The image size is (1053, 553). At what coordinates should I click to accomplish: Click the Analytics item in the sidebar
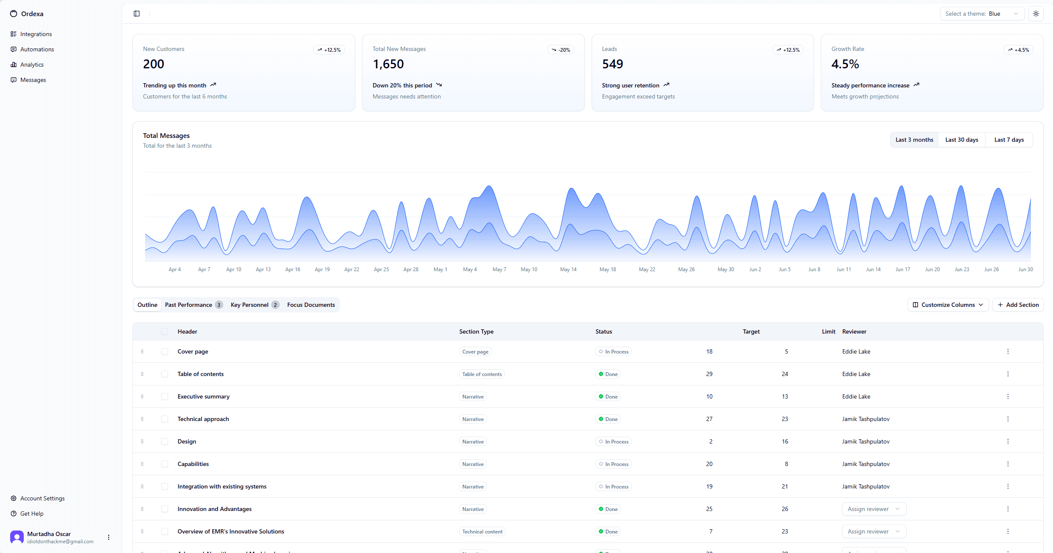32,65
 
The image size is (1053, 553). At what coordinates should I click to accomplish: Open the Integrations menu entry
36,34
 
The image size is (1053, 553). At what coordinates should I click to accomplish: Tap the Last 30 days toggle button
961,140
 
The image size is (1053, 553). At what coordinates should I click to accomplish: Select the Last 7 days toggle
1009,140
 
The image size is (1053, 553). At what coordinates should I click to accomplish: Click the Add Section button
1018,305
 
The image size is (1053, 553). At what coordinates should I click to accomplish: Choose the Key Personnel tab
254,305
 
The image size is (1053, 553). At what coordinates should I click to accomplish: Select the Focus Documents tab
311,305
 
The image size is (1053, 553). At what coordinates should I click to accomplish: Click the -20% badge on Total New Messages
561,50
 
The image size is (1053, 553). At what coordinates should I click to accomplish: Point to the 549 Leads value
612,64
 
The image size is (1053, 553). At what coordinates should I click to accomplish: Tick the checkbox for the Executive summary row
165,396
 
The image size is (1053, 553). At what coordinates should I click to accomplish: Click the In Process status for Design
613,441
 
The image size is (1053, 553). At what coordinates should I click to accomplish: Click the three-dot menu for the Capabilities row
1008,464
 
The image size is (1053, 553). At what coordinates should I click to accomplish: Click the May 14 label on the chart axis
568,269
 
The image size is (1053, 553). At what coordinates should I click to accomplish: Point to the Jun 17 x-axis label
902,269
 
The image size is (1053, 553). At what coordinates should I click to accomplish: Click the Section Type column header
476,331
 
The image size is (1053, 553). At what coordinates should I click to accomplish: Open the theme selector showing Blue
982,14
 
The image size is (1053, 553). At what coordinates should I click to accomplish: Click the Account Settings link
42,498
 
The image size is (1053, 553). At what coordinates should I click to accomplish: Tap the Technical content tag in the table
482,531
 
